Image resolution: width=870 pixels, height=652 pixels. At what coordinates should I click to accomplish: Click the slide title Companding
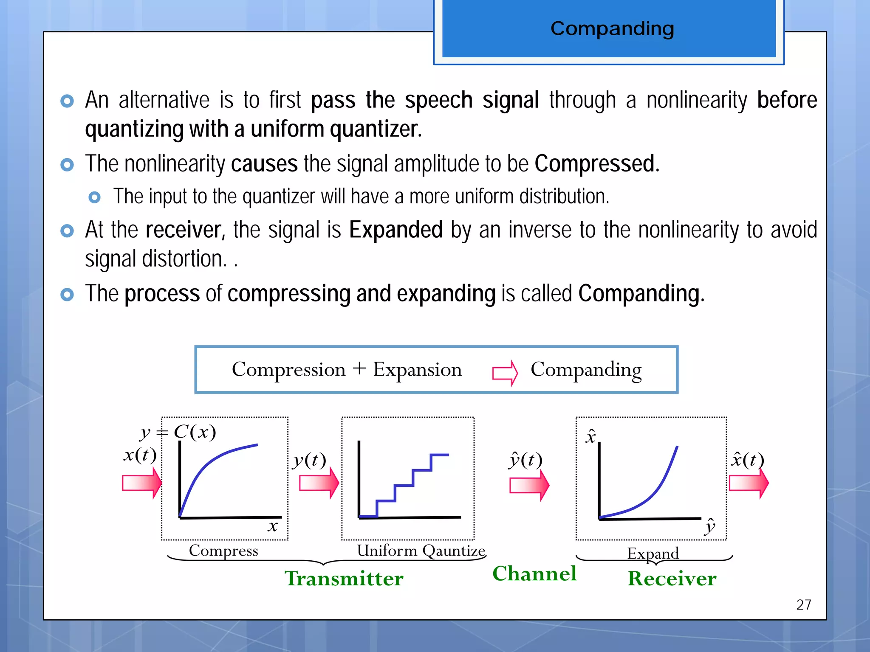click(612, 29)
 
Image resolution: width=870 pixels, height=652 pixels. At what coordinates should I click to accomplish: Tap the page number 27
click(803, 604)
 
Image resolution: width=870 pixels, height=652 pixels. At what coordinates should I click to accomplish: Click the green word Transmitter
click(344, 579)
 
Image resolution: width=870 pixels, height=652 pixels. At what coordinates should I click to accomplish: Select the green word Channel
click(534, 573)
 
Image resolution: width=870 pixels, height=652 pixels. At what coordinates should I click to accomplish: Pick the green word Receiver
click(672, 579)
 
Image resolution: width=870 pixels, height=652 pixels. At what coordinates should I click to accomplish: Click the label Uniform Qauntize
click(421, 551)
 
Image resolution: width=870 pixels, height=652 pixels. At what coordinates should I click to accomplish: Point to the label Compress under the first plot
click(223, 551)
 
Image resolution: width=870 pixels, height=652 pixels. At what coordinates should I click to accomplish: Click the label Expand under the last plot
click(653, 553)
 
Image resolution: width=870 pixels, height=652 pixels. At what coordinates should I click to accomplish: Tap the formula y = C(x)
click(178, 432)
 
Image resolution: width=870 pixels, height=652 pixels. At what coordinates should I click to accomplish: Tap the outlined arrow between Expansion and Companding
click(505, 373)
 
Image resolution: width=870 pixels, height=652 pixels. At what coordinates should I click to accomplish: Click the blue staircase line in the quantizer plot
click(413, 478)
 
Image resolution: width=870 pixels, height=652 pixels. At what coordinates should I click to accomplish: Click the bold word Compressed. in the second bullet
click(597, 164)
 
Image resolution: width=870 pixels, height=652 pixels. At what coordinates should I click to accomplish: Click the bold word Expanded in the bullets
click(396, 230)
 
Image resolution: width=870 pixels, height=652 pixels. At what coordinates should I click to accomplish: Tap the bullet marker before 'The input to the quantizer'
click(94, 197)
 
